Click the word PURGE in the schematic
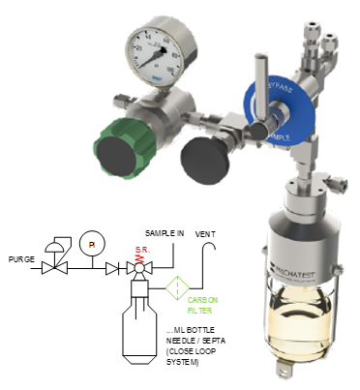click(x=20, y=260)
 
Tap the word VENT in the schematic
click(x=205, y=234)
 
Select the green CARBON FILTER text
click(x=204, y=304)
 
